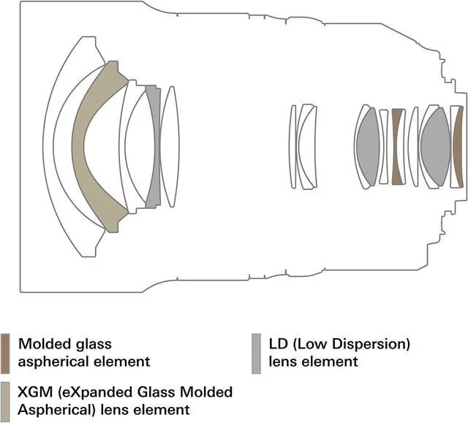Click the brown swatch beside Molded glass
[x=5, y=351]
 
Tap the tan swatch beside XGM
[x=5, y=397]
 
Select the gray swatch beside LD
[x=256, y=351]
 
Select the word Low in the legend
[x=312, y=343]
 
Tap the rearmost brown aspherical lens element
[x=457, y=146]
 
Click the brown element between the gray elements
[x=398, y=146]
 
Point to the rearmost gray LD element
[x=436, y=146]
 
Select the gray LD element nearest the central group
[x=367, y=146]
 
